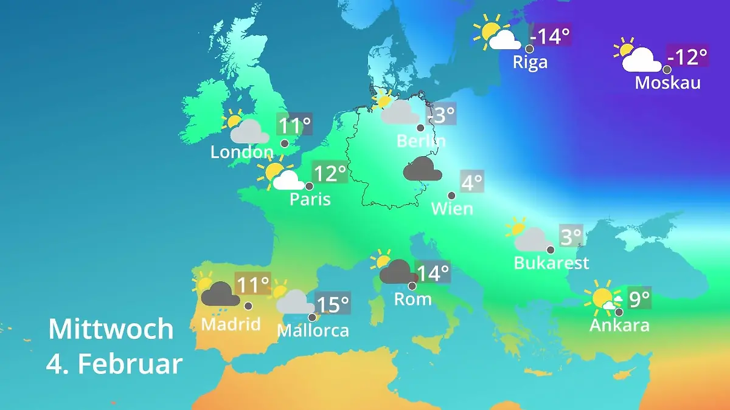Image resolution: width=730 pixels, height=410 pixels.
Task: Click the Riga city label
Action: [530, 62]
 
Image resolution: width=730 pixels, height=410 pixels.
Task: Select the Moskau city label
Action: [667, 83]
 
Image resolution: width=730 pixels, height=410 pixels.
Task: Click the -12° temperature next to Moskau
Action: [687, 57]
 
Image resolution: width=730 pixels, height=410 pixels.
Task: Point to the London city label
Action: [242, 152]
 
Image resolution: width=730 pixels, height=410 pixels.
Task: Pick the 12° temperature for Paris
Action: [329, 173]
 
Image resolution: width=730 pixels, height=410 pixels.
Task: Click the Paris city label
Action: [310, 199]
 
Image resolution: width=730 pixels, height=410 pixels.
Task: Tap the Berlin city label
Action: [421, 141]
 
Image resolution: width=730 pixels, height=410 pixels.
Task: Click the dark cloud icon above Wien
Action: [422, 169]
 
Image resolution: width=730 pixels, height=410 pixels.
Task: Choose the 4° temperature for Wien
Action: [472, 182]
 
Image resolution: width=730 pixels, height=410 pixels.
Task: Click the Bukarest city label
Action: [551, 262]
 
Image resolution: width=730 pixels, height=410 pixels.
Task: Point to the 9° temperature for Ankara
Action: [639, 298]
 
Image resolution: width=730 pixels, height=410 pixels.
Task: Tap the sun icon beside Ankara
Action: [602, 298]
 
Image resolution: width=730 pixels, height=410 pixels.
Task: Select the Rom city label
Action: [412, 299]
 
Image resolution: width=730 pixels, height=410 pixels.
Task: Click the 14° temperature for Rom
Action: [433, 273]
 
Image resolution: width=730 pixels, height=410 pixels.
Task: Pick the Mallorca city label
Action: [313, 330]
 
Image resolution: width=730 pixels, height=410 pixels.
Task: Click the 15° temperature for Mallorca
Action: [333, 303]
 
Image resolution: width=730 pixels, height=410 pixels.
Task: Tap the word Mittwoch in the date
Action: [111, 329]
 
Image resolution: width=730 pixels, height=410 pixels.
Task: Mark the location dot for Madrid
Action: [248, 306]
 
